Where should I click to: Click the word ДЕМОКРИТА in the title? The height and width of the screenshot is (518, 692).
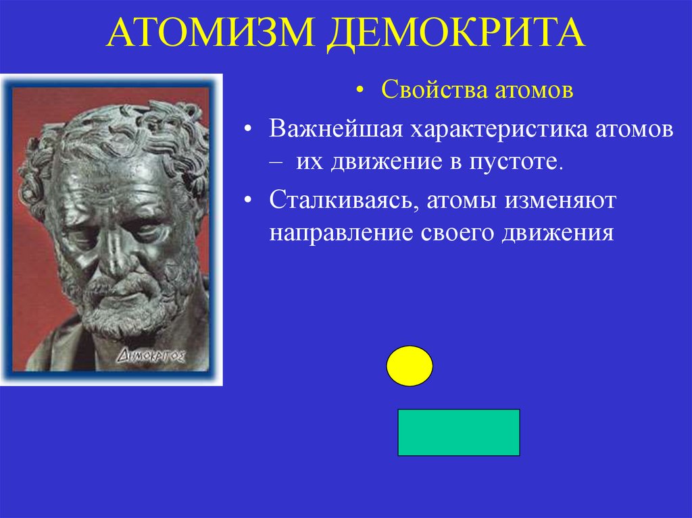tap(456, 34)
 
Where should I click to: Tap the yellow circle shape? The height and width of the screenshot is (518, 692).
tap(409, 366)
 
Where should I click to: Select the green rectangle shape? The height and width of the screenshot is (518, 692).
tap(458, 432)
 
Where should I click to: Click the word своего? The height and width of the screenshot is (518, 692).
tap(457, 233)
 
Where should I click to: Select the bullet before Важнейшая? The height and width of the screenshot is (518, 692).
tap(250, 130)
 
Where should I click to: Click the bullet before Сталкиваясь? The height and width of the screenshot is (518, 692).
tap(250, 201)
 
